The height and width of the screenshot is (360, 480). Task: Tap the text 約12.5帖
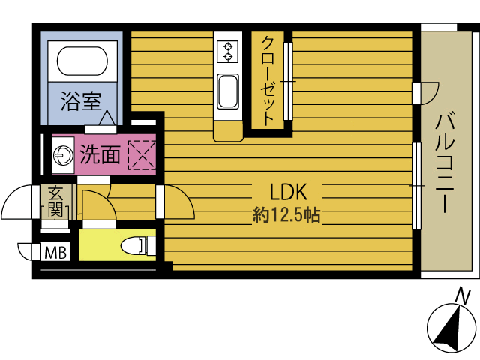[x=286, y=216]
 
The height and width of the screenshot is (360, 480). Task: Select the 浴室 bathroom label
[x=80, y=101]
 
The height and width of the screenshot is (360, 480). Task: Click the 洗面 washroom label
[x=100, y=155]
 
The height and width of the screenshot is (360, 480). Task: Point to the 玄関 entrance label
[x=55, y=201]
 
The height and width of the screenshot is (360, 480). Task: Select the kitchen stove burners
[x=226, y=51]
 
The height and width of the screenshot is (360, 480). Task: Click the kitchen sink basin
[x=226, y=91]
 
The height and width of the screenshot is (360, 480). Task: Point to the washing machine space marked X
[x=140, y=154]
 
